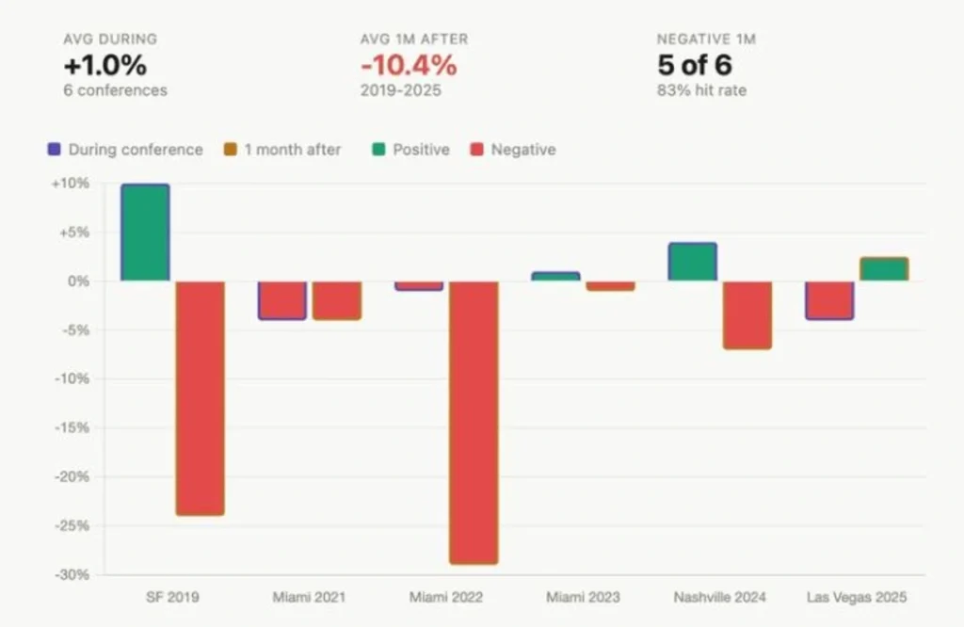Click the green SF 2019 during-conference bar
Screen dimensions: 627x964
(145, 233)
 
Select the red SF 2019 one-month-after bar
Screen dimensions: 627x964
(200, 397)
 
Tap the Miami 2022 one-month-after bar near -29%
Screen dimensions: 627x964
(473, 422)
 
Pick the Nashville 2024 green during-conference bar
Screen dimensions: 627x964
(692, 262)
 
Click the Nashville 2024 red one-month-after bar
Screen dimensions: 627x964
(747, 314)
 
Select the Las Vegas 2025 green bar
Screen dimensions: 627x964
(883, 269)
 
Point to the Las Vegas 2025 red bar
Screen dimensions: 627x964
(829, 299)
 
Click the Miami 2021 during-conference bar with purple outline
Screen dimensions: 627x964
(281, 299)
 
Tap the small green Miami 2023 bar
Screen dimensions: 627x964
(554, 277)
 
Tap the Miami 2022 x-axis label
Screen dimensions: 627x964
(446, 598)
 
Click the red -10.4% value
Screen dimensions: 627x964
(409, 66)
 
